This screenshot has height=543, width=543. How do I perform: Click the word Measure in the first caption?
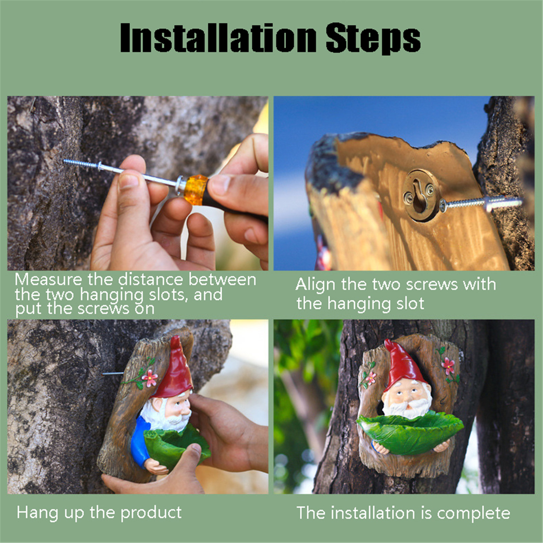coord(49,280)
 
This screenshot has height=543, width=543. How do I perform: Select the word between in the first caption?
coord(222,280)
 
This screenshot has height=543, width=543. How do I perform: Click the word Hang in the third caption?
coord(38,513)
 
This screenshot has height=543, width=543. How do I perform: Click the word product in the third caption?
coord(151,513)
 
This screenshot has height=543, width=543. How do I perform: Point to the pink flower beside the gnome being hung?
coord(150,378)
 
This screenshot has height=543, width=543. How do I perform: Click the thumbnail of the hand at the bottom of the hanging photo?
coord(196,448)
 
